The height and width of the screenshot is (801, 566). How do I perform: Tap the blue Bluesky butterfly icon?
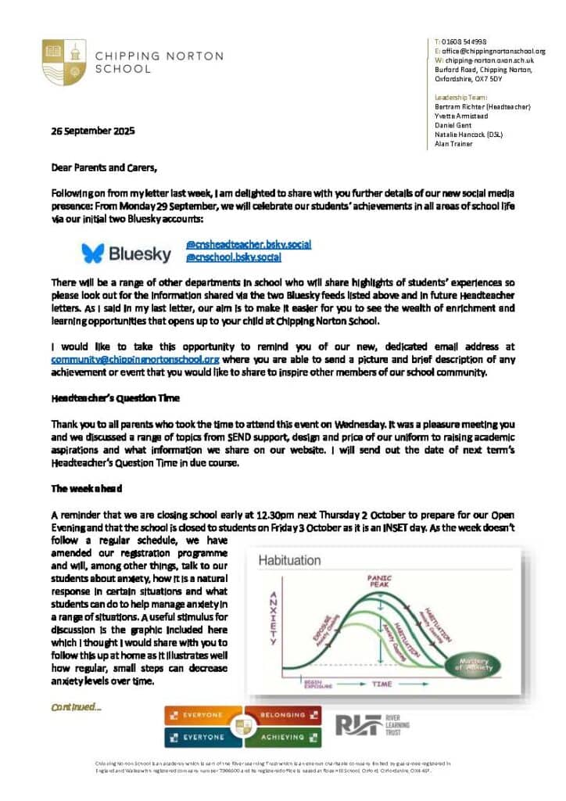tap(93, 253)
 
